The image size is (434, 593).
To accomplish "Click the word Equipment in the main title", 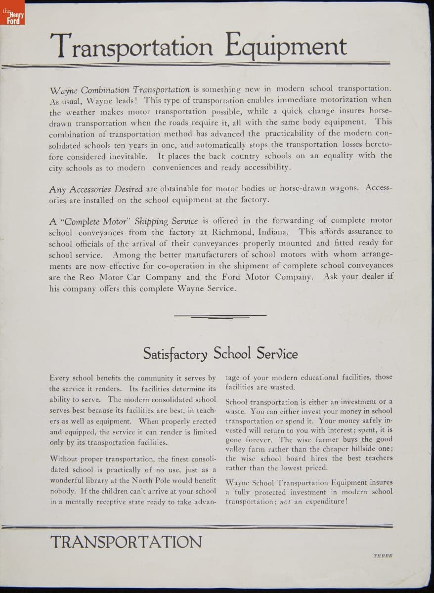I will coord(286,46).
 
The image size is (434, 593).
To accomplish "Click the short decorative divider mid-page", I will coord(220,316).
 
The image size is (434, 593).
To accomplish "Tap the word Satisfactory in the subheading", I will coord(175,354).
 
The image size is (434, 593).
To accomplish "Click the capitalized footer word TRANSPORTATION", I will coord(126,542).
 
